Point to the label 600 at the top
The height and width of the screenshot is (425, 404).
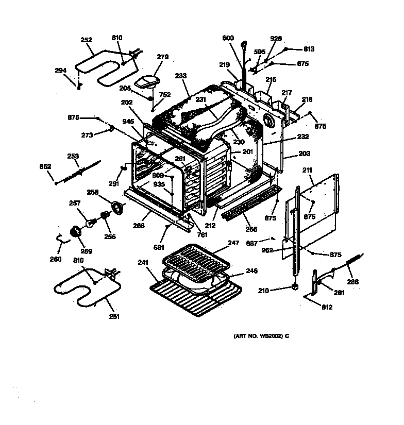(x=228, y=38)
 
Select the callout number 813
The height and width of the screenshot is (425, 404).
(x=309, y=49)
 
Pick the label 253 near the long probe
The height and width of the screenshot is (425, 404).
(x=73, y=155)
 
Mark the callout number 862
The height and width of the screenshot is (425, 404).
(x=45, y=166)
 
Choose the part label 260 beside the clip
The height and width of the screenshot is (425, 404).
(x=55, y=259)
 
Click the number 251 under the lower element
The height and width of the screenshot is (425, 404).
(x=114, y=316)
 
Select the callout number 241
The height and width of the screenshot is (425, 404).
(x=143, y=262)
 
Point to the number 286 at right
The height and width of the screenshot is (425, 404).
(x=353, y=282)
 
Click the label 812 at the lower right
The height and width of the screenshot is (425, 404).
(x=327, y=308)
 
